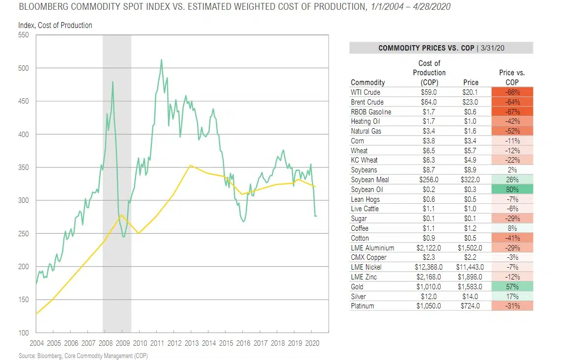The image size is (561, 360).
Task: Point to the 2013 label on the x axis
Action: (x=192, y=343)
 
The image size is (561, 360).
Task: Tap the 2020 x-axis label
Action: (x=312, y=343)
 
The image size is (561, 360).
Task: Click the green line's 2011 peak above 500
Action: (x=161, y=60)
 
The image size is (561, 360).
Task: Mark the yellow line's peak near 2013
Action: (x=190, y=166)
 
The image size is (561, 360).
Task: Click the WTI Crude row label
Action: (x=365, y=92)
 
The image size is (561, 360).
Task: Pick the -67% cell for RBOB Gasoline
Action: (x=512, y=111)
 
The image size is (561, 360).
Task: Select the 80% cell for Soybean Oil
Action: (x=512, y=190)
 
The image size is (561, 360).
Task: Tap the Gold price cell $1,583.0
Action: (x=470, y=286)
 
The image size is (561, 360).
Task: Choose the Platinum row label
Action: (x=363, y=306)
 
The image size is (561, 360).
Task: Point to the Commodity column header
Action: (x=368, y=83)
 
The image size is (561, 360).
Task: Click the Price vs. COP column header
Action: (x=512, y=78)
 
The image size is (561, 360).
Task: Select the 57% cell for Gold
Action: (x=512, y=286)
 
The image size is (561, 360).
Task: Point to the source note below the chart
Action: (x=83, y=356)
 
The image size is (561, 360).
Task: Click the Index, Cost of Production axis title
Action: (x=55, y=25)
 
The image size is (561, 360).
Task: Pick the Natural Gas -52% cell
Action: (x=512, y=131)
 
